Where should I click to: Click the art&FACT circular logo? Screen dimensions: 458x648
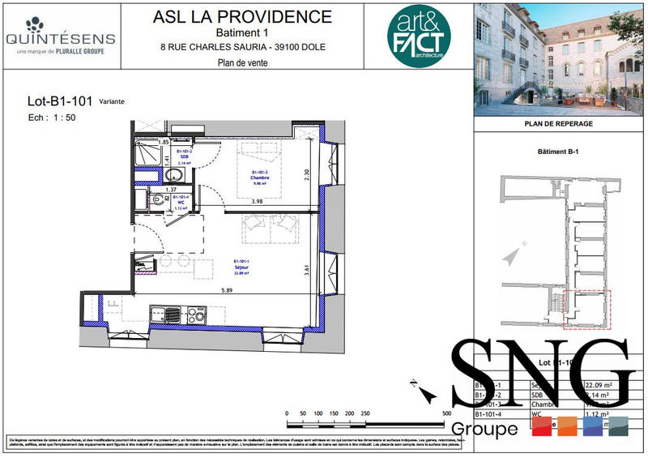pos(418,36)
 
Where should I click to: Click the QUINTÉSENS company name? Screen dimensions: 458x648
pos(60,38)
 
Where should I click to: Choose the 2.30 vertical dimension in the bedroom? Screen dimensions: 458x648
pos(306,173)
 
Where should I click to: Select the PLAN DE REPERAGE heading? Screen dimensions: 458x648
pos(559,123)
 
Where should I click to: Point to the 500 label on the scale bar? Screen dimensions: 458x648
pos(446,413)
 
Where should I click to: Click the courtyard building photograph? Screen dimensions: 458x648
pos(559,58)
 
